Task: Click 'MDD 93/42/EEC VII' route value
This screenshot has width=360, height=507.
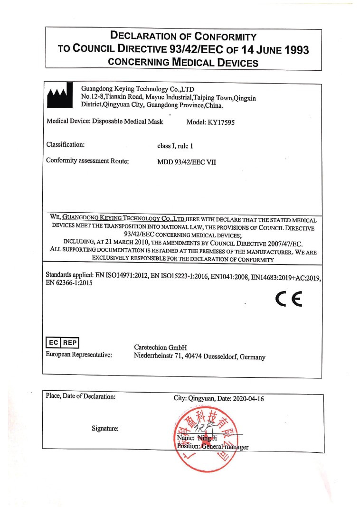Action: (x=186, y=161)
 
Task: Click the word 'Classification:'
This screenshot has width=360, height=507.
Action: (x=66, y=144)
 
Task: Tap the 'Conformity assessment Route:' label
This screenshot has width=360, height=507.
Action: (x=88, y=160)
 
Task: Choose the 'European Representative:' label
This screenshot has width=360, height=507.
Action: (x=79, y=355)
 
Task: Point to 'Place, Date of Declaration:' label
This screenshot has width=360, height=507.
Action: (x=81, y=396)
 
